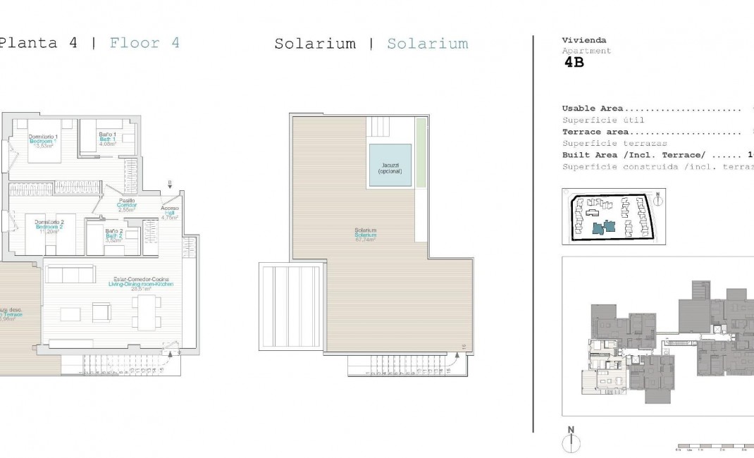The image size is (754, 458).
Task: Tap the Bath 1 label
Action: tap(107, 138)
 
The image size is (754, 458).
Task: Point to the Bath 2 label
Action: tap(114, 235)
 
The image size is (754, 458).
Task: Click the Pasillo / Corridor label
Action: tap(127, 205)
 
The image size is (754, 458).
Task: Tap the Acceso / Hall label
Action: tap(170, 212)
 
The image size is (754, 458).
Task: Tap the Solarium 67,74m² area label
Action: tap(365, 235)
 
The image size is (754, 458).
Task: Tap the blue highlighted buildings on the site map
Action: tap(604, 227)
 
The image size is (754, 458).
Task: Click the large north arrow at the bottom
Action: tap(571, 441)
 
